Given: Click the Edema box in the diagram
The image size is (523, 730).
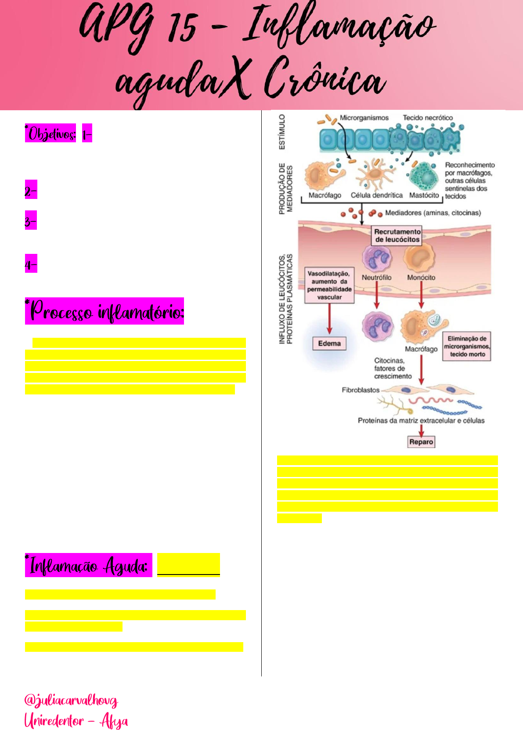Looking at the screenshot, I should [x=329, y=343].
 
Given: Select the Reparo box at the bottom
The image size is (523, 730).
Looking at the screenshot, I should [x=421, y=442].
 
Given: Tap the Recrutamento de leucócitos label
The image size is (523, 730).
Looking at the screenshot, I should [x=397, y=235].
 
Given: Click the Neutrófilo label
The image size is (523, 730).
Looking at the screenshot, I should [x=376, y=278].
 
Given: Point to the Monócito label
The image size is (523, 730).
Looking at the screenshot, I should [x=421, y=278].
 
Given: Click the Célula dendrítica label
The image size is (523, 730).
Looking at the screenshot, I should [x=376, y=195].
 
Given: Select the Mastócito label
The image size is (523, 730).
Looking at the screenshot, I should [x=424, y=195].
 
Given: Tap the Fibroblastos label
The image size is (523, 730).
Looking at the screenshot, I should [x=361, y=390].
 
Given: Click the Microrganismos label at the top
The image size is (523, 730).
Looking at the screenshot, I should [x=364, y=118].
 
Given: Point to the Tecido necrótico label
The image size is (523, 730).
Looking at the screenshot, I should [x=428, y=118].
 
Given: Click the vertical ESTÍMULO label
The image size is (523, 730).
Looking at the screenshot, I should [x=282, y=132].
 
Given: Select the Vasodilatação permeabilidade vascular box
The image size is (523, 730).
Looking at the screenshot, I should [x=329, y=285].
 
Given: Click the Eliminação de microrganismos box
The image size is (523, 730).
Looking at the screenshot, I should [x=467, y=346].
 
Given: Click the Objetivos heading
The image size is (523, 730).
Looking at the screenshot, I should [x=51, y=134].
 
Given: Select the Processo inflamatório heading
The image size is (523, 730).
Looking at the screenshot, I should [x=105, y=311].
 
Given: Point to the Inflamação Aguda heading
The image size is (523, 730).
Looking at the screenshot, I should [x=88, y=565].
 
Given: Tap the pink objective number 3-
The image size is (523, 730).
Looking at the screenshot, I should [x=31, y=221].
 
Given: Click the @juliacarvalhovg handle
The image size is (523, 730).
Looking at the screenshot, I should [x=71, y=700].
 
